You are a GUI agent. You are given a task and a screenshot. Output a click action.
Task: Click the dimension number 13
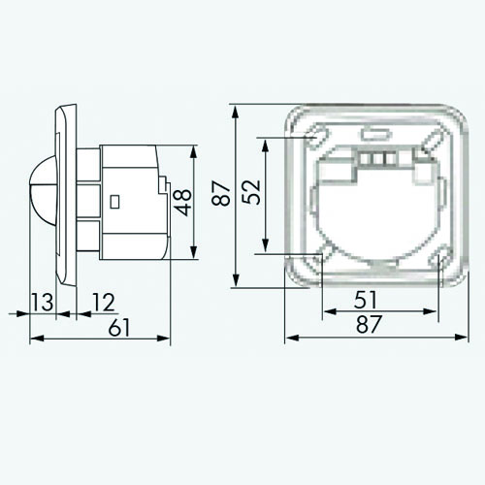[43, 302]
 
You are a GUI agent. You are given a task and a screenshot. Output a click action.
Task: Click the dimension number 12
[104, 302]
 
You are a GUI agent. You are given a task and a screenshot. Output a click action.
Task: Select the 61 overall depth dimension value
[119, 327]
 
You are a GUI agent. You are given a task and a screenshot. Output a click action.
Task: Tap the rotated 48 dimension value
[182, 203]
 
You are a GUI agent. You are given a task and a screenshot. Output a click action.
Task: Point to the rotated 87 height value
[221, 193]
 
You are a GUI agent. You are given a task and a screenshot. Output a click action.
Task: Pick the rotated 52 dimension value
[251, 192]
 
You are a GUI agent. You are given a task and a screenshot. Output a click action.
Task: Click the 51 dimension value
[366, 300]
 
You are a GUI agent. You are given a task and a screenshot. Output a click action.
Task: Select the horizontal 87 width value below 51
[370, 324]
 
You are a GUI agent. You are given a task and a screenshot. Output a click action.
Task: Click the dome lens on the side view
[43, 190]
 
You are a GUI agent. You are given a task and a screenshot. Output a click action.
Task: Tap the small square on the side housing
[114, 202]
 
